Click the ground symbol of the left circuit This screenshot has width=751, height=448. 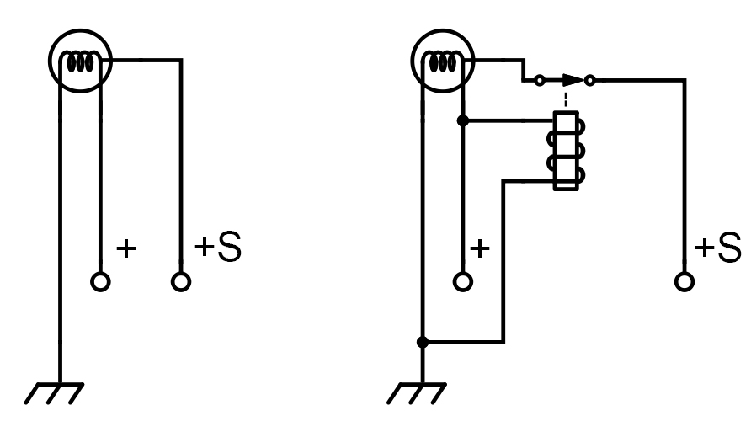pyautogui.click(x=54, y=393)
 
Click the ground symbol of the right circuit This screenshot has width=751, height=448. pyautogui.click(x=417, y=393)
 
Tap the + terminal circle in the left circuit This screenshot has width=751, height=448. pyautogui.click(x=100, y=282)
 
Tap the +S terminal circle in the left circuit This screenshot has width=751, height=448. pyautogui.click(x=181, y=282)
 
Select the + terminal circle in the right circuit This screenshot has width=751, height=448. pyautogui.click(x=463, y=282)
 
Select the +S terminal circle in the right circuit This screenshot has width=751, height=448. pyautogui.click(x=684, y=282)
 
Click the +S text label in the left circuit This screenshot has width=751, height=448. pyautogui.click(x=218, y=247)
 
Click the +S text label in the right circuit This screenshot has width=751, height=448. pyautogui.click(x=718, y=247)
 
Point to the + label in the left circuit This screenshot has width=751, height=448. pyautogui.click(x=126, y=248)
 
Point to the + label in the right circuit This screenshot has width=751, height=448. pyautogui.click(x=480, y=248)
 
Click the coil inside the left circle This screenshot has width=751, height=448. pyautogui.click(x=81, y=61)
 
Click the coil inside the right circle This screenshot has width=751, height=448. pyautogui.click(x=443, y=61)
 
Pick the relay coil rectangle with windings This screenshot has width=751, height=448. pyautogui.click(x=566, y=151)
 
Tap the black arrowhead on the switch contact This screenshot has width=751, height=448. pyautogui.click(x=573, y=80)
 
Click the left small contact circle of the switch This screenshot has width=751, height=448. pyautogui.click(x=540, y=80)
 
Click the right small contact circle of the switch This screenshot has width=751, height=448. pyautogui.click(x=590, y=80)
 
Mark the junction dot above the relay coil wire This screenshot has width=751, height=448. pyautogui.click(x=463, y=120)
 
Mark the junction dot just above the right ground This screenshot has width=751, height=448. pyautogui.click(x=423, y=342)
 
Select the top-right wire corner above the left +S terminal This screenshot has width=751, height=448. pyautogui.click(x=181, y=60)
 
